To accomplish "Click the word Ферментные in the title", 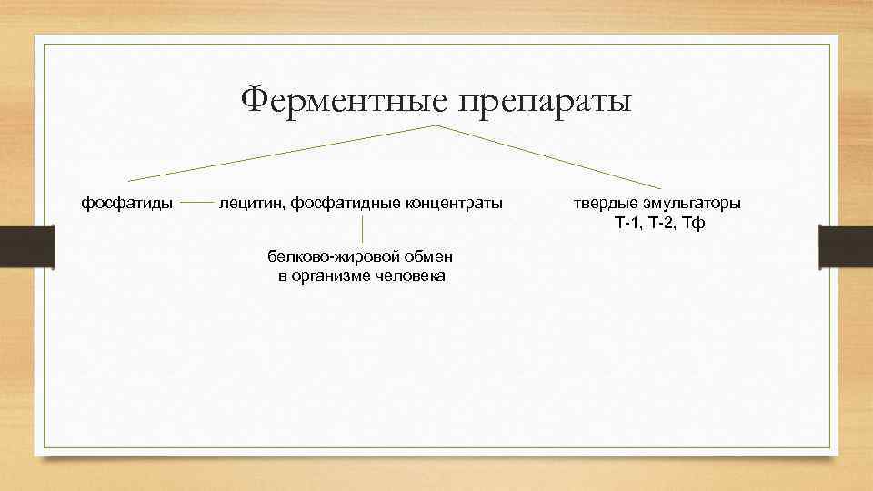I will (344, 101).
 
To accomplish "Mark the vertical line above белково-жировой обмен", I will (363, 229).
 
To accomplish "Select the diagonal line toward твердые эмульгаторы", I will (555, 157).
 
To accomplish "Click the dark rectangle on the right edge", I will (846, 246).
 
